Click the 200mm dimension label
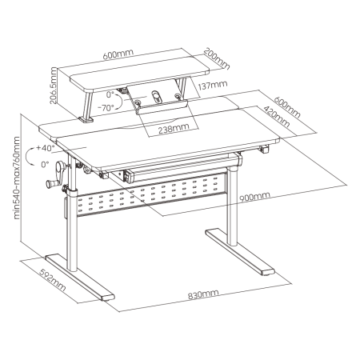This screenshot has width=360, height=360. tap(217, 58)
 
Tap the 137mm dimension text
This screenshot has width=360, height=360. tap(213, 85)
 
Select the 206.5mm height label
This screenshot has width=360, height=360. tap(54, 86)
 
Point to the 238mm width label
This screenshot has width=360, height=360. tap(174, 129)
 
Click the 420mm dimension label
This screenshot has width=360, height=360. tap(277, 116)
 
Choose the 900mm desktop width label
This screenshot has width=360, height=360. tap(254, 196)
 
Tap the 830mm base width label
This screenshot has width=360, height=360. tap(203, 294)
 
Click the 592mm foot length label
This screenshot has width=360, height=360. tap(53, 280)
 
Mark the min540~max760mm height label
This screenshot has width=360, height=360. tap(17, 178)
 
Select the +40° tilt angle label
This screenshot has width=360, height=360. tap(46, 148)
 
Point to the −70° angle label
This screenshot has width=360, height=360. tap(106, 108)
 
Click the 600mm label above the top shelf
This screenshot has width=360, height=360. tap(118, 54)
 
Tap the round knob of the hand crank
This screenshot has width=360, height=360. tap(50, 184)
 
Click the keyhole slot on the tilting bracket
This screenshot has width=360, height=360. tap(156, 97)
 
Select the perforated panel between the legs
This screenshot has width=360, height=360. tap(151, 194)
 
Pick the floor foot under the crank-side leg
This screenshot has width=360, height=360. tap(80, 278)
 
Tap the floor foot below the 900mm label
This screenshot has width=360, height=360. tap(239, 252)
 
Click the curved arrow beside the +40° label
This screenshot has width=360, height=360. tap(29, 158)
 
